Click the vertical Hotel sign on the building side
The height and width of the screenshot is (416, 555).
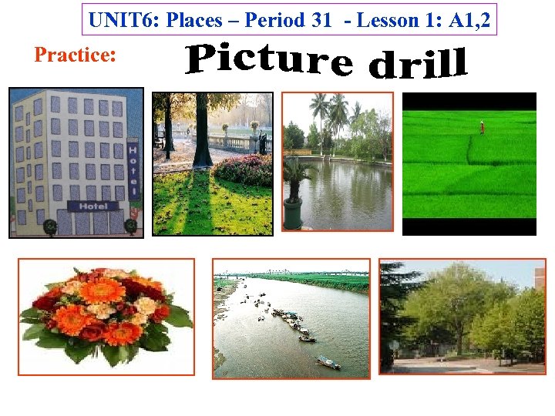(x=133, y=170)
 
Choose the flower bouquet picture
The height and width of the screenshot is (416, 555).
(x=106, y=316)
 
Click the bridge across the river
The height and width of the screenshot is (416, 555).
(x=291, y=273)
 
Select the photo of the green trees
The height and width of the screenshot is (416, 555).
(x=462, y=316)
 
